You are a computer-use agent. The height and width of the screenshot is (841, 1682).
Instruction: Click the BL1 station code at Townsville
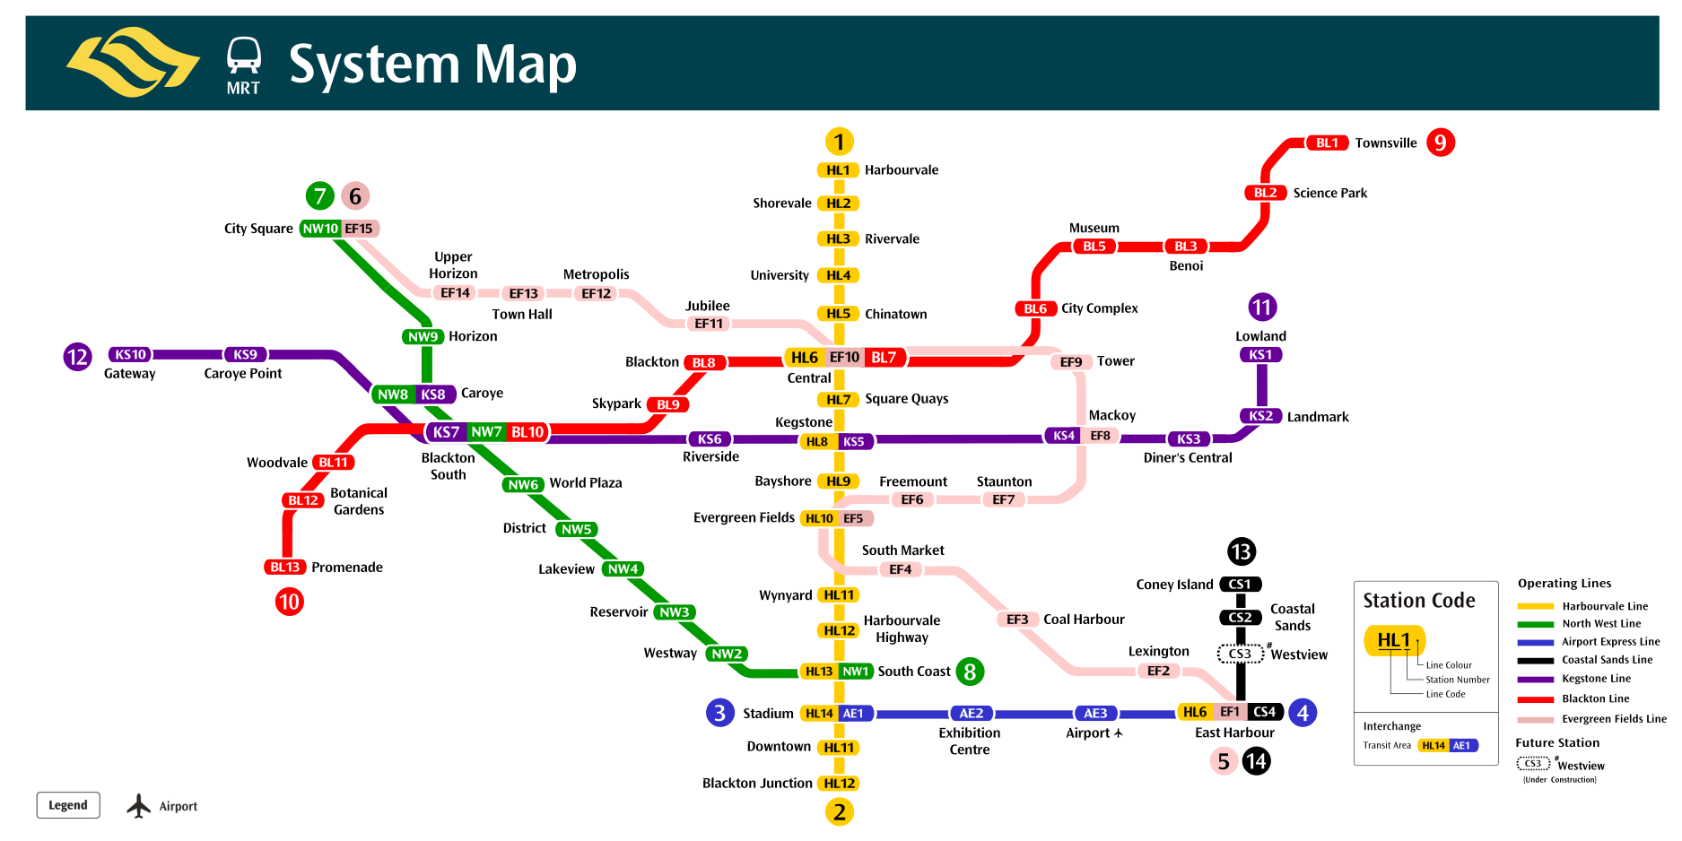point(1327,143)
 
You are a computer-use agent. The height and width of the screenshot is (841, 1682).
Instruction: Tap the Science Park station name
point(1329,193)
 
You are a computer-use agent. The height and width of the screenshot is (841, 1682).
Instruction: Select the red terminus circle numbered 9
point(1440,143)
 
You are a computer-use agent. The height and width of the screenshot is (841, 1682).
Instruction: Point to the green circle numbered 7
point(320,195)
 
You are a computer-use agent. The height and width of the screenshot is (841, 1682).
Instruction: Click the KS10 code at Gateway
point(130,355)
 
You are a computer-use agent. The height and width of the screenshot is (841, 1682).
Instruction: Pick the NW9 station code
point(423,337)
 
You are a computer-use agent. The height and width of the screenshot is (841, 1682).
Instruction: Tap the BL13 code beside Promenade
point(285,568)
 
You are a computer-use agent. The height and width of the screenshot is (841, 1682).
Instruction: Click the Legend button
point(68,805)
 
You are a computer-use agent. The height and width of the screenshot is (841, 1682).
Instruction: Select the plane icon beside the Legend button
point(138,805)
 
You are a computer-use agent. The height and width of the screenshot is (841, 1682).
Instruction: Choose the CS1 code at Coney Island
point(1240,585)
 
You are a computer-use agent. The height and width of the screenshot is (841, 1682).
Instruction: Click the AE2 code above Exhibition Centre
point(972,714)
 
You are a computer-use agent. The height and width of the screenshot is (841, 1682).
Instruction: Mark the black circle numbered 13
point(1241,551)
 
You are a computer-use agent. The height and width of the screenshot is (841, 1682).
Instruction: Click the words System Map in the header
point(432,65)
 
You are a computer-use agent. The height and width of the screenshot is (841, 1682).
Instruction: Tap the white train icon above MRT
point(243,56)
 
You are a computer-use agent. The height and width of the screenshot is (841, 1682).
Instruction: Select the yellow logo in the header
point(133,62)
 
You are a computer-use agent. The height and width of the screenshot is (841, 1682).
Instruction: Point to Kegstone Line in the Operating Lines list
point(1596,679)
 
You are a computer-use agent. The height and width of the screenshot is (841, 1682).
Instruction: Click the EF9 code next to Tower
point(1071,362)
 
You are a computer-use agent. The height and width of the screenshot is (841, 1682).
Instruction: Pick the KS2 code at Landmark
point(1260,416)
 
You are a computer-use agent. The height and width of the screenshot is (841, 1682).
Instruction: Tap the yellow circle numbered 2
point(839,812)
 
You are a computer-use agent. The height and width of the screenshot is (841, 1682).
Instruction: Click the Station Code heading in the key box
point(1418,601)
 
